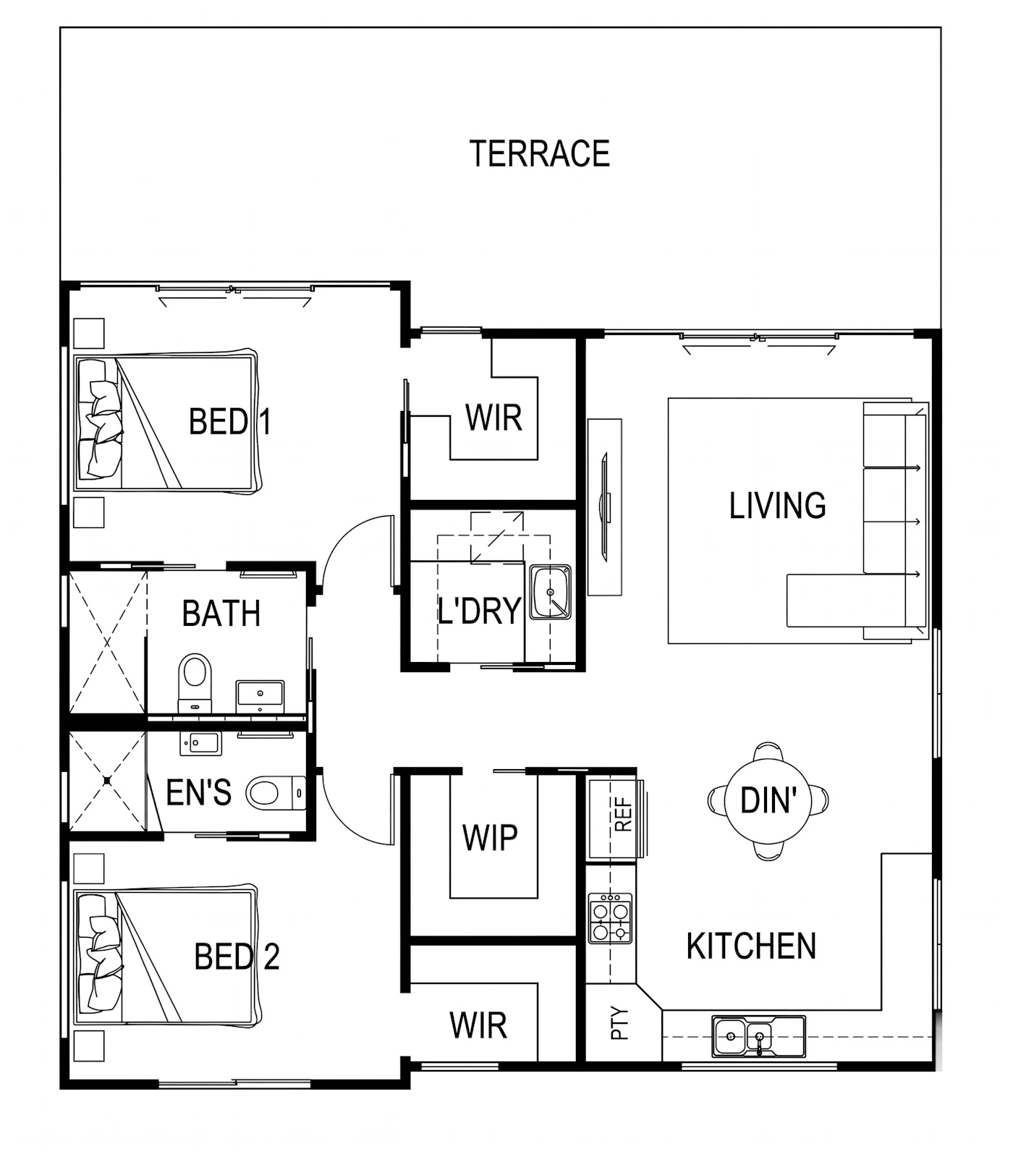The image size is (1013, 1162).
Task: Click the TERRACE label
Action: [540, 153]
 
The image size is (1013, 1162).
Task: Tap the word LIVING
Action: [777, 506]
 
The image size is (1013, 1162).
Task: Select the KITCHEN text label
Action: [751, 946]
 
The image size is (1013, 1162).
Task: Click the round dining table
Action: [768, 801]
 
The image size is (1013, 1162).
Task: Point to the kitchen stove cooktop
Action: [610, 918]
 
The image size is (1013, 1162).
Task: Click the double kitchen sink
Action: [758, 1037]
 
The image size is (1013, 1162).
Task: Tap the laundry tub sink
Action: [551, 593]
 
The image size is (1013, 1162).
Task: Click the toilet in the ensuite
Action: [276, 793]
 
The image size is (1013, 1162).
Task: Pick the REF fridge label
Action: [623, 815]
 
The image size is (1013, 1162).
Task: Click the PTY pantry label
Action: [620, 1023]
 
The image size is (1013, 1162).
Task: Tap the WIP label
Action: [490, 838]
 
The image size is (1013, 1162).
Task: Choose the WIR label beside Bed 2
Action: [478, 1026]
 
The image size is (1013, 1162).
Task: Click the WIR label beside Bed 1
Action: [493, 418]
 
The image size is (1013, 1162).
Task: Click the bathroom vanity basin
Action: [260, 695]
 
